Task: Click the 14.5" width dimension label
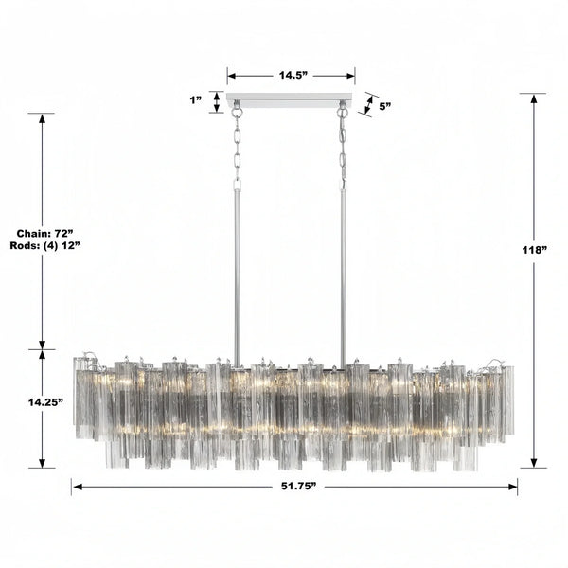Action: click(291, 72)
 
